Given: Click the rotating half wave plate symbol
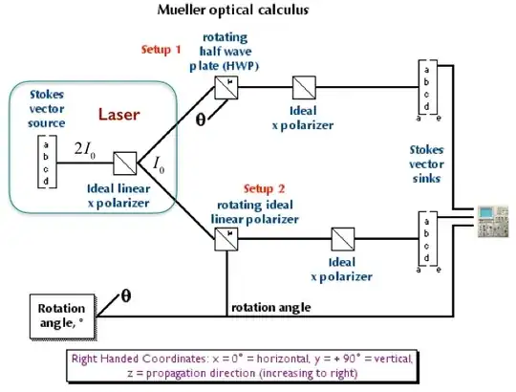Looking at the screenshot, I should pyautogui.click(x=226, y=88).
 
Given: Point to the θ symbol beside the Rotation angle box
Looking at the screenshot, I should pyautogui.click(x=124, y=294).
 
